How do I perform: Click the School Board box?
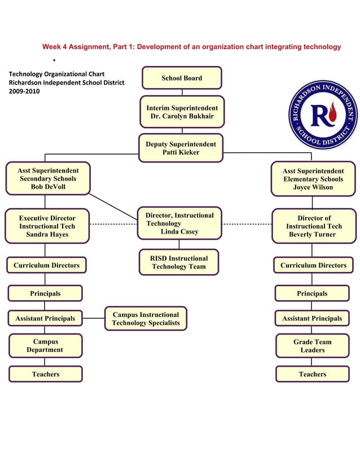click(181, 78)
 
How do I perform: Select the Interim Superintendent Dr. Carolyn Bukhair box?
click(181, 112)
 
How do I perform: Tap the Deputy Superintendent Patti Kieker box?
click(181, 148)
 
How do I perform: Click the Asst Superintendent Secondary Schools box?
click(48, 179)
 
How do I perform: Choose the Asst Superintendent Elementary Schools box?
click(313, 179)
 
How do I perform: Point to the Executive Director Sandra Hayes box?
click(47, 226)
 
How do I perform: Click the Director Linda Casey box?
click(179, 223)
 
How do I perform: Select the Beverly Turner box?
click(313, 226)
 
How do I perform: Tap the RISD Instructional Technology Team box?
click(179, 262)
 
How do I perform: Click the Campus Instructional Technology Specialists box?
click(146, 319)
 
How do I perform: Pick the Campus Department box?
click(45, 346)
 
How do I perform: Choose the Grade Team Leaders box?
click(312, 346)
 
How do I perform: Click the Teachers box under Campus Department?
click(45, 374)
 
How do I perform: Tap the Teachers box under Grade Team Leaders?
click(312, 374)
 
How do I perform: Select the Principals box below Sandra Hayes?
click(45, 293)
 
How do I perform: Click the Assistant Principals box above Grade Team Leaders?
click(312, 318)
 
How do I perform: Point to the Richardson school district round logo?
click(322, 115)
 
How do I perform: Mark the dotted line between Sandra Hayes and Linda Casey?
click(113, 224)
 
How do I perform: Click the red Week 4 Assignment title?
click(191, 47)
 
